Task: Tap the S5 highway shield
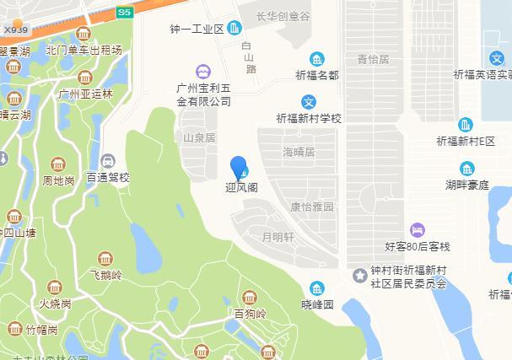[x=124, y=13]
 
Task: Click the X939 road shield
[x=15, y=30]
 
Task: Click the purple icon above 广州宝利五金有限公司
[x=202, y=72]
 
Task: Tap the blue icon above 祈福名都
[x=316, y=59]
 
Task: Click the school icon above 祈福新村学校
[x=310, y=102]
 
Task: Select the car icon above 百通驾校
[x=108, y=161]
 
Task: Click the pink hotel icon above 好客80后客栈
[x=418, y=230]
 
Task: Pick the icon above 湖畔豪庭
[x=466, y=167]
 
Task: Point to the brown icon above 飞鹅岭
[x=105, y=259]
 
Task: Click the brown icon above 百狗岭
[x=250, y=298]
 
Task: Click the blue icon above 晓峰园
[x=317, y=288]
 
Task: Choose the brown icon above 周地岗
[x=57, y=164]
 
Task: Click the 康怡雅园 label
[x=311, y=207]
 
